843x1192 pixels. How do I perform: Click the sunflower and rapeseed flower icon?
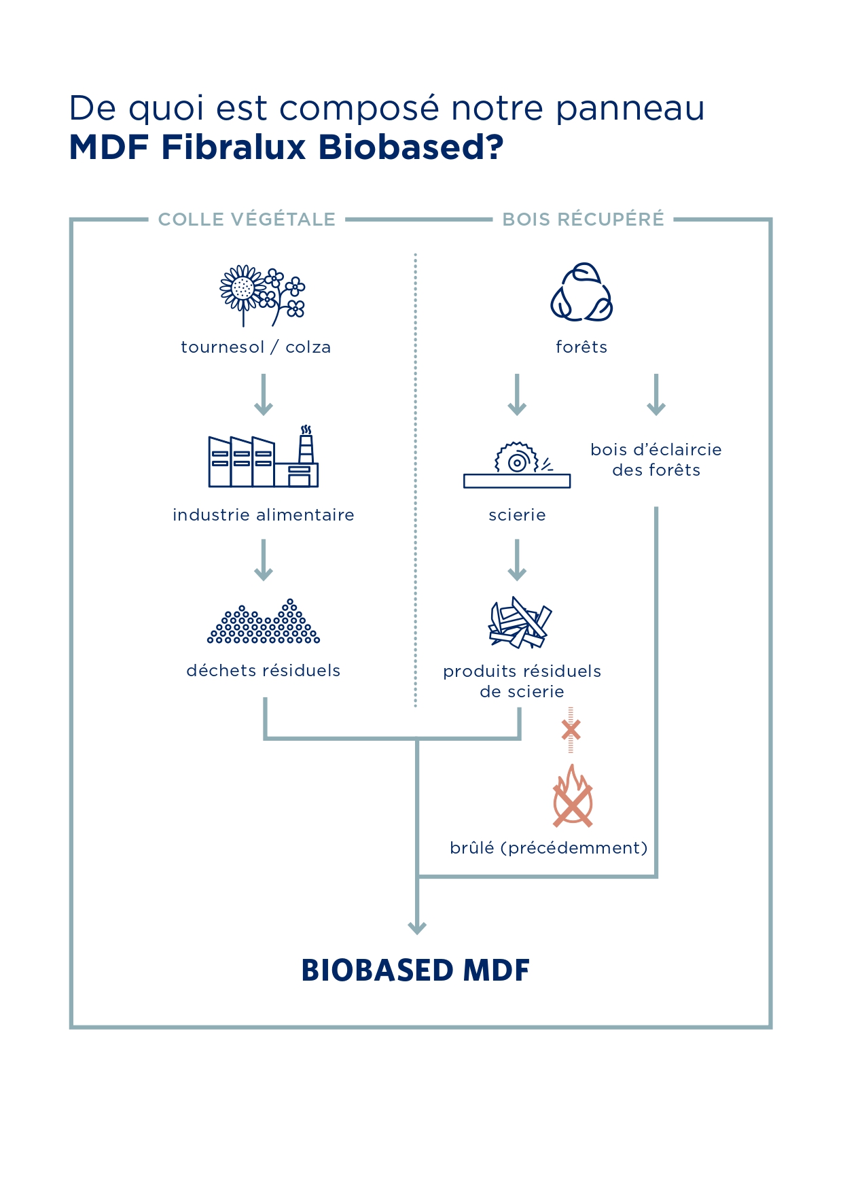pyautogui.click(x=262, y=295)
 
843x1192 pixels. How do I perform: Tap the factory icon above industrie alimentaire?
pyautogui.click(x=264, y=457)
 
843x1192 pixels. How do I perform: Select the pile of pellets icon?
pyautogui.click(x=264, y=622)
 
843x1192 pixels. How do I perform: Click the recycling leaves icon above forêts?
pyautogui.click(x=581, y=293)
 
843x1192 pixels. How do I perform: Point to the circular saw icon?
pyautogui.click(x=517, y=466)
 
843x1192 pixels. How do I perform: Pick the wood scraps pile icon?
pyautogui.click(x=520, y=622)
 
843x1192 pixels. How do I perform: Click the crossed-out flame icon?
pyautogui.click(x=573, y=796)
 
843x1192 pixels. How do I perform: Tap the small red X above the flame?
pyautogui.click(x=571, y=730)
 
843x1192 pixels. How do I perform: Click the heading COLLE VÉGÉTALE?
pyautogui.click(x=247, y=220)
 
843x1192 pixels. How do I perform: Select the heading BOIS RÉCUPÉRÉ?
pyautogui.click(x=583, y=220)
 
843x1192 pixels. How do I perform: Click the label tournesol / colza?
pyautogui.click(x=255, y=347)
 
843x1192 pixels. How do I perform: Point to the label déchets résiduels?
pyautogui.click(x=264, y=671)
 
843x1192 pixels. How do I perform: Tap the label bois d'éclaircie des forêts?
pyautogui.click(x=656, y=460)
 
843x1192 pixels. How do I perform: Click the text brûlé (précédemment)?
pyautogui.click(x=548, y=848)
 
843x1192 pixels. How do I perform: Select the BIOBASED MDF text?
pyautogui.click(x=415, y=970)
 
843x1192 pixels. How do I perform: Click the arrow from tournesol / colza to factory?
pyautogui.click(x=264, y=394)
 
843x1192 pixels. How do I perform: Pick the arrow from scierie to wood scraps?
pyautogui.click(x=517, y=560)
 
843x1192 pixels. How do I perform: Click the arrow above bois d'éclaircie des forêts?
pyautogui.click(x=656, y=394)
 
